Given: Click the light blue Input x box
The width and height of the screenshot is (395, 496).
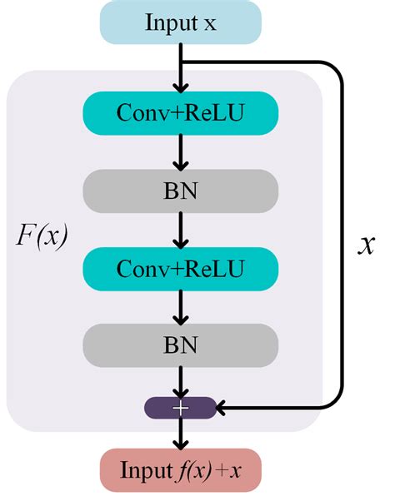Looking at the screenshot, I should coord(181,22).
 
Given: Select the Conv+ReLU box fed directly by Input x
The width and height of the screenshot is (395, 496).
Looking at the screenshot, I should coord(181,112).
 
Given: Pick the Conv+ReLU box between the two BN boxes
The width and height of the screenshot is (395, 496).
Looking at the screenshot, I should coord(181,268).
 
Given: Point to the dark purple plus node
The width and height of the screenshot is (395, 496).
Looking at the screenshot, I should coord(181,408).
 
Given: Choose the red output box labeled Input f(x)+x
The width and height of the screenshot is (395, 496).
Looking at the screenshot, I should coord(181,470).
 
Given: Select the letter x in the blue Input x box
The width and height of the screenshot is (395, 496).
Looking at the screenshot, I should coord(210,23).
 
